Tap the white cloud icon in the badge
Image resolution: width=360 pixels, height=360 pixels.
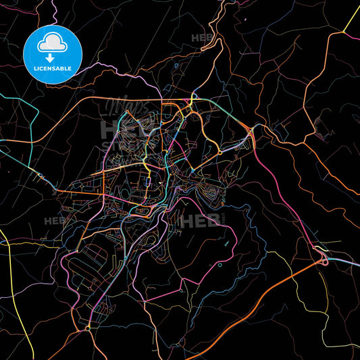[53, 43]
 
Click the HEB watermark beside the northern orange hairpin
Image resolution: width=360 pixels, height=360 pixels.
[202, 38]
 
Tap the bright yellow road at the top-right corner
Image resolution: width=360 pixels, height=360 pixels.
[352, 17]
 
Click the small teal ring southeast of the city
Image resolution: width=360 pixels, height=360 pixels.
[220, 265]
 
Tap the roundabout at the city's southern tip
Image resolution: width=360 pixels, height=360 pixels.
[88, 329]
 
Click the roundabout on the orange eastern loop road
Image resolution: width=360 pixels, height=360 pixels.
[220, 152]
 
